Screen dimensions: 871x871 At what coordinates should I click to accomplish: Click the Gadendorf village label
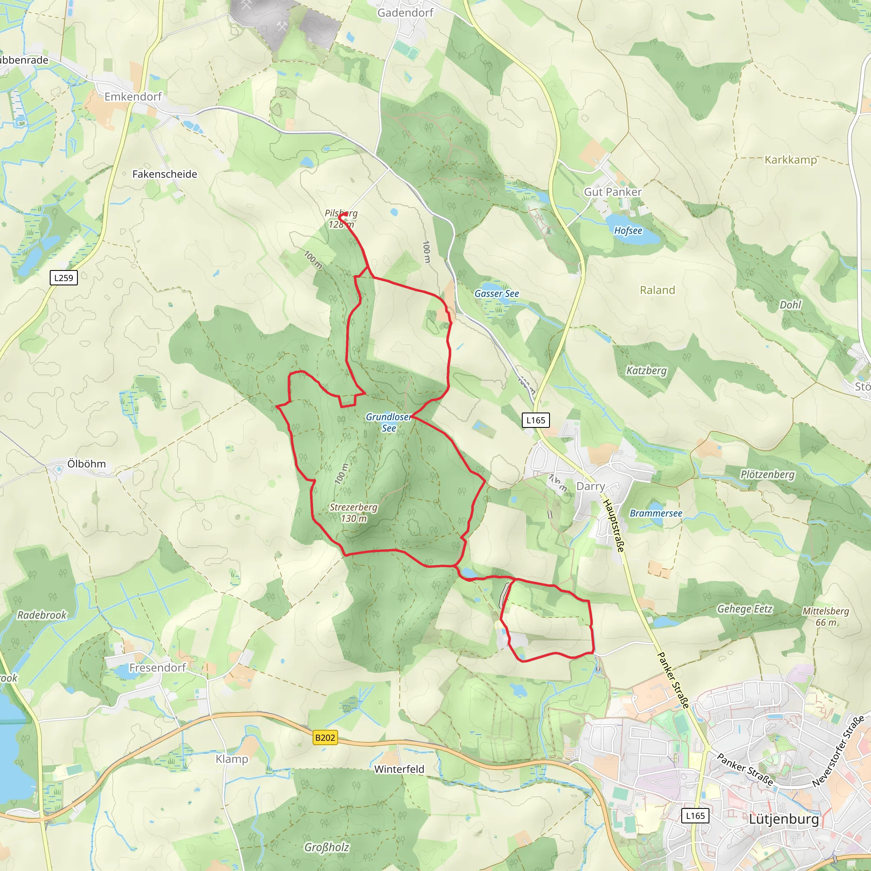405,13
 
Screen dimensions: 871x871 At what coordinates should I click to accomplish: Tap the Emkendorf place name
133,97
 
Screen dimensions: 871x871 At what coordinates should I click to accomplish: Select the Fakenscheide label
165,174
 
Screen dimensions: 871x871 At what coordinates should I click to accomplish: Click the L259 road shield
63,278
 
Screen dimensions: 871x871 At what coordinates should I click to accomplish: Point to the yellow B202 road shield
325,737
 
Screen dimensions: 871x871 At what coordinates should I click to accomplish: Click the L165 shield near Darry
535,420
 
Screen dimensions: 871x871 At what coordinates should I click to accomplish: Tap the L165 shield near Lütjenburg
695,816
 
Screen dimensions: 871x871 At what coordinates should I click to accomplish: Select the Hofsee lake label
628,231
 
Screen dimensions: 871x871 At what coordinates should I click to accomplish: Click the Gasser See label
497,293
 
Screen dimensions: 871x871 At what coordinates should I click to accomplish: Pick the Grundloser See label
388,422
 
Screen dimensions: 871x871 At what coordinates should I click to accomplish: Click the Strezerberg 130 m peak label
353,512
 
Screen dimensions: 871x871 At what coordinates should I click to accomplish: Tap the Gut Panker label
613,192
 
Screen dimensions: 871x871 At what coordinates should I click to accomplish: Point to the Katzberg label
646,370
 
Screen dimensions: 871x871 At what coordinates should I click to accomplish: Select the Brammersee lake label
656,513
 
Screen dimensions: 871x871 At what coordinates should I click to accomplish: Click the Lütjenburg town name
783,819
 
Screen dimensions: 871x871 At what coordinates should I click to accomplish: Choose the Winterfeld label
399,769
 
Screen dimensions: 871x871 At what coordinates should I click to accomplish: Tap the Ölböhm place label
87,464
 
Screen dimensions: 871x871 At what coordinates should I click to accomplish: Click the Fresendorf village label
157,667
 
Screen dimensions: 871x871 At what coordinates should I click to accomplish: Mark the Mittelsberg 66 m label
825,616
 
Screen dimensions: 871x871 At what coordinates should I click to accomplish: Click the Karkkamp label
791,159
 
